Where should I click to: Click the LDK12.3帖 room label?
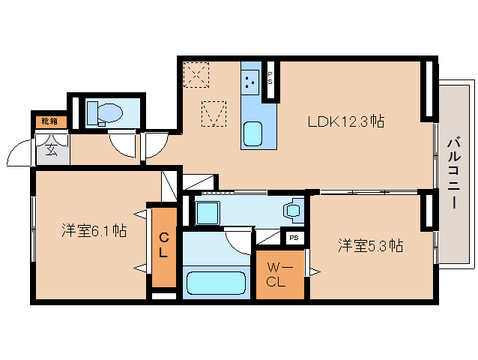(x=346, y=121)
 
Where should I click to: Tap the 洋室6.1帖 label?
(x=94, y=231)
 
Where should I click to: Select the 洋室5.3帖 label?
(x=370, y=245)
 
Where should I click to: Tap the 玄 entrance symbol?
(x=51, y=148)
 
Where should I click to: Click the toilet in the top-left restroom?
(x=104, y=113)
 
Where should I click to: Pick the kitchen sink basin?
(x=252, y=133)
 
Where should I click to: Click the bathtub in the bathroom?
(x=216, y=283)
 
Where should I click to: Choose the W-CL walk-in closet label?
(x=280, y=275)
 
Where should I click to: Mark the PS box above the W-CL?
(x=294, y=238)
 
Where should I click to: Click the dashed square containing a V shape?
(x=214, y=114)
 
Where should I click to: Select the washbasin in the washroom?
(x=293, y=210)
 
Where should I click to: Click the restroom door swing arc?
(x=121, y=142)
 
